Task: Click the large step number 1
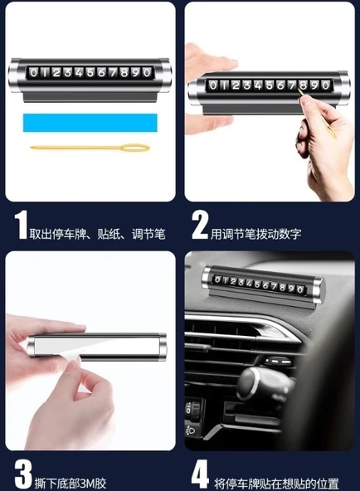21,225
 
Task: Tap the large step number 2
200,225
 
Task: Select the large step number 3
23,474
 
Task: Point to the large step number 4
201,474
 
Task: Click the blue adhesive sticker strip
90,123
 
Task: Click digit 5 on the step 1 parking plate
90,73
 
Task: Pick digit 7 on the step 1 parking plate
113,73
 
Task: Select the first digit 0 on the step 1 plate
33,73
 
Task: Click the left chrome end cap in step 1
14,75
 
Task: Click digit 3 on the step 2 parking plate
247,85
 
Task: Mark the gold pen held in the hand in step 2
316,114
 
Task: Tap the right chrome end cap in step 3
162,347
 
